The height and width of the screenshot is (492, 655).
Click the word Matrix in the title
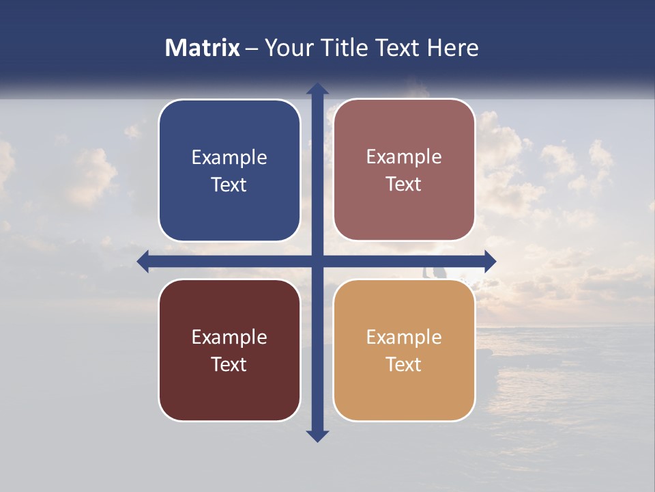point(202,48)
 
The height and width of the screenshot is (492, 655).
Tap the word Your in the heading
point(287,48)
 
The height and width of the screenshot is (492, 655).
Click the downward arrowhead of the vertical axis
point(317,435)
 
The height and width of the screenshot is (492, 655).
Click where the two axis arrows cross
point(317,261)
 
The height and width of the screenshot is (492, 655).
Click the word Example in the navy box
point(229,158)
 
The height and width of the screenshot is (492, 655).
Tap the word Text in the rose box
point(404,184)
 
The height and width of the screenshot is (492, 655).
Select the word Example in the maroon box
point(229,337)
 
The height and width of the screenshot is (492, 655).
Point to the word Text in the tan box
point(404,364)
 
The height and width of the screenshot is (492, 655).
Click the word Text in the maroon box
point(229,364)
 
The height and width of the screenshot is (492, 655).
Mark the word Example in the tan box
point(404,337)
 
